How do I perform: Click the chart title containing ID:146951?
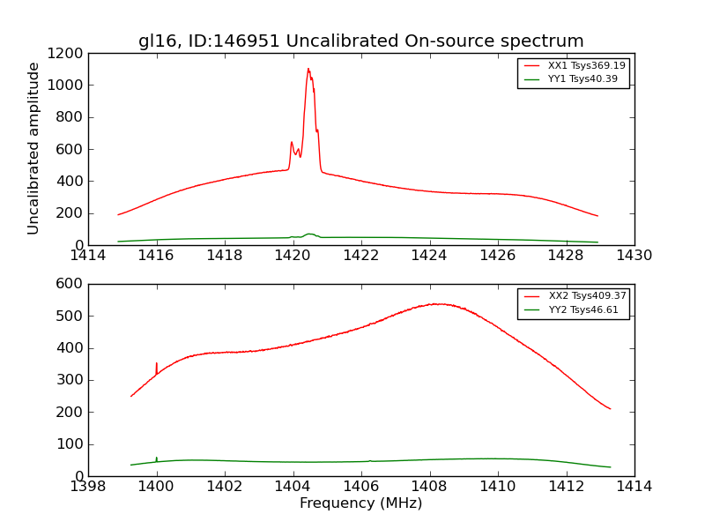[x=360, y=41]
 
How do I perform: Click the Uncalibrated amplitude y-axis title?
[x=34, y=148]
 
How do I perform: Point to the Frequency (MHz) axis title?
[x=360, y=503]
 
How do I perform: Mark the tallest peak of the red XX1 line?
[x=308, y=69]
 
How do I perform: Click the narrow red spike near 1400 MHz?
[x=157, y=363]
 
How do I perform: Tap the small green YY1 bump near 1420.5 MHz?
[x=309, y=234]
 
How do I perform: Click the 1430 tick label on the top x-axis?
[x=634, y=256]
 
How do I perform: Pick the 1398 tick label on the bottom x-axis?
[x=88, y=487]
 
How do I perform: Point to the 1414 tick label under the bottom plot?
[x=634, y=487]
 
